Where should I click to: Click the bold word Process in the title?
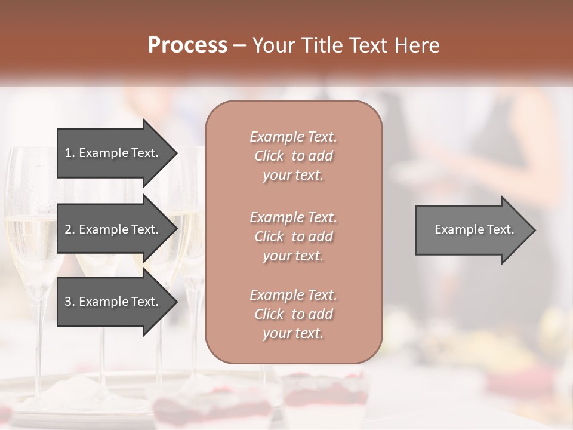(x=187, y=45)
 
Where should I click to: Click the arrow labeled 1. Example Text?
(x=113, y=153)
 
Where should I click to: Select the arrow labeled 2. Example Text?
(x=113, y=229)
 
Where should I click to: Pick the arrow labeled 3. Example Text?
(x=113, y=302)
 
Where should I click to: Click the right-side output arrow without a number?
(x=472, y=229)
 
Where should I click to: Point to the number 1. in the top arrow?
(x=69, y=153)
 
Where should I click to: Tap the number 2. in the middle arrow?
(x=69, y=229)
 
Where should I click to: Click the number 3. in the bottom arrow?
(x=69, y=302)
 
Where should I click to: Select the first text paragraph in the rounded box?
(x=293, y=156)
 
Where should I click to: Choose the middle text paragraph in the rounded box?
(x=293, y=236)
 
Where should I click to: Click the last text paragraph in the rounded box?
(x=293, y=314)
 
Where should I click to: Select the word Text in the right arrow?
(x=500, y=229)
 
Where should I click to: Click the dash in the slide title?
(x=239, y=45)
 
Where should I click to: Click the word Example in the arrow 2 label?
(x=103, y=229)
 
